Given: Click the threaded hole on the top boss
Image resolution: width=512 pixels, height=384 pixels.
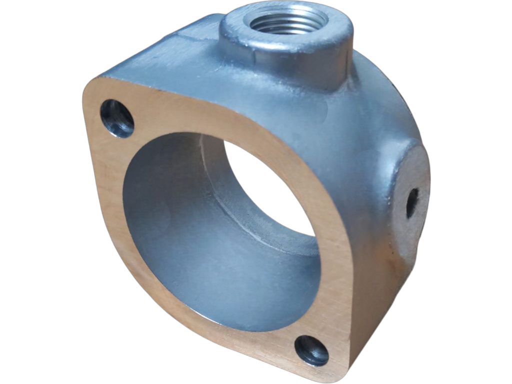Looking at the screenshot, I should tap(285, 21).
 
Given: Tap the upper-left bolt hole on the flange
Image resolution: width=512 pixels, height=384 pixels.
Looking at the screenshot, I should tap(117, 118).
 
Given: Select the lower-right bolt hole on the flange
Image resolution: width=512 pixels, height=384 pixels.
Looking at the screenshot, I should tap(311, 350).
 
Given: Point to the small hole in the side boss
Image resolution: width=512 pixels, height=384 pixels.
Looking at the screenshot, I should tap(412, 202).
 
